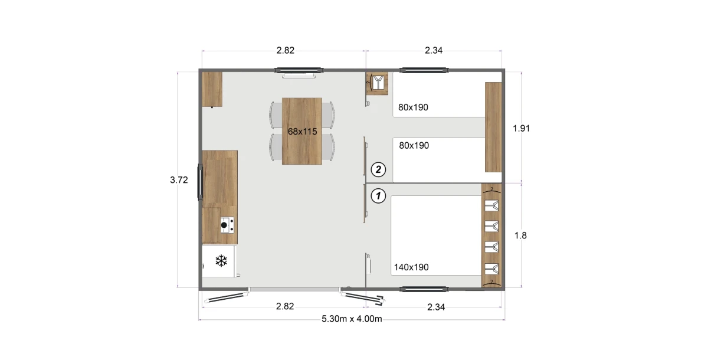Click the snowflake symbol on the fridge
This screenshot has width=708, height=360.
pyautogui.click(x=221, y=261)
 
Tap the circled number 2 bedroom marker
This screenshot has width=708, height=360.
pyautogui.click(x=378, y=170)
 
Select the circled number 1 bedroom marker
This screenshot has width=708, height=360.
pyautogui.click(x=378, y=196)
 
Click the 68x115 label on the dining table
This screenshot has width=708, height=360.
pyautogui.click(x=302, y=132)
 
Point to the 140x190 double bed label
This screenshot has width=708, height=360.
pyautogui.click(x=411, y=267)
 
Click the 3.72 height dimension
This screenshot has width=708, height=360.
pyautogui.click(x=179, y=180)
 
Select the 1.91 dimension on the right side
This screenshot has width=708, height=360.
pyautogui.click(x=521, y=128)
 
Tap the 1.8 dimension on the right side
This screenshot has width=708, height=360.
pyautogui.click(x=520, y=235)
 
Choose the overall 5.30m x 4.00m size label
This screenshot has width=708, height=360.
pyautogui.click(x=352, y=319)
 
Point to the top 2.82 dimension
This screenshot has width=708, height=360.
pyautogui.click(x=286, y=50)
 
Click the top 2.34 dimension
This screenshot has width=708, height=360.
pyautogui.click(x=434, y=50)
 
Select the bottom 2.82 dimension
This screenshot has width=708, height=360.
pyautogui.click(x=285, y=306)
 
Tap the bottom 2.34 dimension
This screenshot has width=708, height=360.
pyautogui.click(x=436, y=307)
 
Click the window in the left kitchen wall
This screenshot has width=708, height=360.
pyautogui.click(x=200, y=182)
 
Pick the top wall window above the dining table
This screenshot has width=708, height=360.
pyautogui.click(x=299, y=70)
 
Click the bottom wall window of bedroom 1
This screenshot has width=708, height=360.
pyautogui.click(x=424, y=289)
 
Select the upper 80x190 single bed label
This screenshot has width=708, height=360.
pyautogui.click(x=413, y=107)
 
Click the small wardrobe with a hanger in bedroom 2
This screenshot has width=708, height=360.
pyautogui.click(x=377, y=83)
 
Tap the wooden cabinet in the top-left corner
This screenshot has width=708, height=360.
pyautogui.click(x=212, y=89)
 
